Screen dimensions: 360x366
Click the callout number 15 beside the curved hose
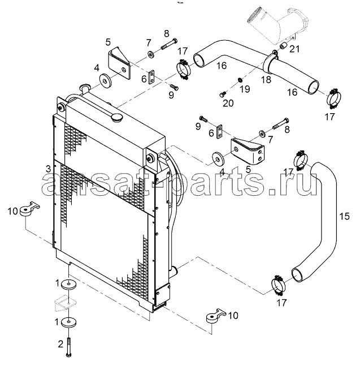click(x=344, y=217)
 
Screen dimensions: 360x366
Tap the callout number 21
click(x=294, y=49)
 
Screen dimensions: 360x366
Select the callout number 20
click(x=228, y=103)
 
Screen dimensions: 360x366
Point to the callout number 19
click(x=245, y=89)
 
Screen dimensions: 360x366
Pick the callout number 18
click(x=266, y=80)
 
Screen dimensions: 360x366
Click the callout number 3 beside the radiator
click(x=48, y=169)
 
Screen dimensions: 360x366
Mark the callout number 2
click(x=60, y=344)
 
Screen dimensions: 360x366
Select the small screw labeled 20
click(x=223, y=94)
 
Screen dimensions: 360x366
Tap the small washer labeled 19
click(x=240, y=80)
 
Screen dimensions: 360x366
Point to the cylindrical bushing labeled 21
click(x=284, y=46)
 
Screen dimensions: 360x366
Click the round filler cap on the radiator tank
click(x=116, y=118)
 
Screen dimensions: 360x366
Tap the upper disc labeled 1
click(x=68, y=285)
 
